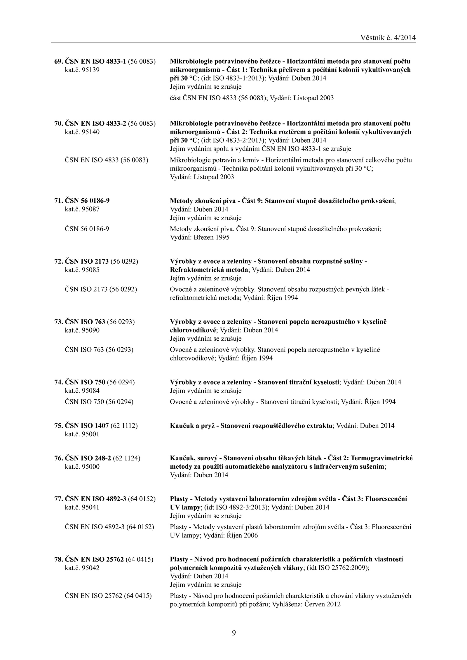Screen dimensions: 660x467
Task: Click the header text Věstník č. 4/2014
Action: pyautogui.click(x=388, y=38)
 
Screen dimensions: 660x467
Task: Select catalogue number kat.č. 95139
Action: pyautogui.click(x=82, y=70)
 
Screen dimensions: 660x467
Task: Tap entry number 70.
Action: pyautogui.click(x=58, y=123)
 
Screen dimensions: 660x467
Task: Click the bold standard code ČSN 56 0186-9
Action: pyautogui.click(x=87, y=201)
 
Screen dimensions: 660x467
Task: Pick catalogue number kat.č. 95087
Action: pyautogui.click(x=82, y=209)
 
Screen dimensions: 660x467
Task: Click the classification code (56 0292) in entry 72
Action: pyautogui.click(x=124, y=261)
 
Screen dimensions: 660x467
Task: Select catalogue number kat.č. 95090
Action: pyautogui.click(x=82, y=330)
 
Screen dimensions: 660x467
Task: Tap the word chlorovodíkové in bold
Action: pyautogui.click(x=194, y=330)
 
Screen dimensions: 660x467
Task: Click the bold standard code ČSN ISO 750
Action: pyautogui.click(x=85, y=382)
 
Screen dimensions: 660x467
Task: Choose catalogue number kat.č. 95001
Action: pyautogui.click(x=82, y=434)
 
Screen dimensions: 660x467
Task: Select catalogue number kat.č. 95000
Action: pyautogui.click(x=82, y=467)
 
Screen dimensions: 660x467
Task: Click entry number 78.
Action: pyautogui.click(x=58, y=559)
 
